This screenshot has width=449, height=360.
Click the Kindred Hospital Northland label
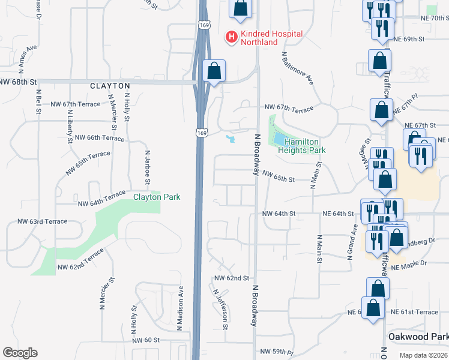pyautogui.click(x=271, y=38)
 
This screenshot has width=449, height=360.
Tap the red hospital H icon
pyautogui.click(x=231, y=37)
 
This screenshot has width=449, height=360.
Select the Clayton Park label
pyautogui.click(x=157, y=197)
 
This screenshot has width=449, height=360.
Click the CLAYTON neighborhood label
pyautogui.click(x=110, y=86)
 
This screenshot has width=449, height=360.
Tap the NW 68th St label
pyautogui.click(x=19, y=81)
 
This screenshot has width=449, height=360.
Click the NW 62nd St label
pyautogui.click(x=232, y=278)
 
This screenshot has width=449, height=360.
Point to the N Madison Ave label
pyautogui.click(x=180, y=308)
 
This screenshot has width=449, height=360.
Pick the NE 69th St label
pyautogui.click(x=408, y=39)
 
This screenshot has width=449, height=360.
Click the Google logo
pyautogui.click(x=20, y=353)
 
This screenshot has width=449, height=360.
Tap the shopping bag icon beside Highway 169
pyautogui.click(x=214, y=71)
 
